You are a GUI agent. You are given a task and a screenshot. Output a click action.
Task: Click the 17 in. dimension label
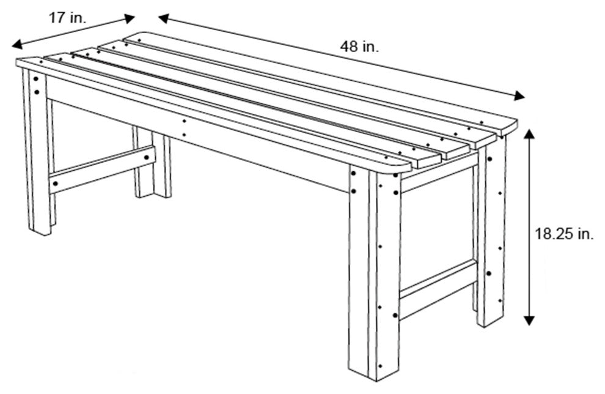coord(67,18)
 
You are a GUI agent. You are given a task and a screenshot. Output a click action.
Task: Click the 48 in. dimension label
coord(360,46)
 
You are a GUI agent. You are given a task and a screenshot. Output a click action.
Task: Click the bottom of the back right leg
coord(490,321)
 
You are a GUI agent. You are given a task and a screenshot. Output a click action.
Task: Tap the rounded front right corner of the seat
coord(403,166)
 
